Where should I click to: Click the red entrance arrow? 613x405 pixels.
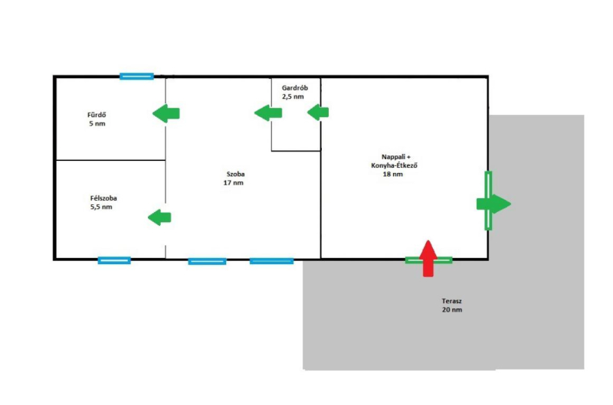pos(428,257)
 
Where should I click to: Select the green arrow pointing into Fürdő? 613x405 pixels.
pos(166,114)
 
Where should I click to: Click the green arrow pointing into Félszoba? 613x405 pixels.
pos(159,217)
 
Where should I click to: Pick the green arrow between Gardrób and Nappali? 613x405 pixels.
pos(318,113)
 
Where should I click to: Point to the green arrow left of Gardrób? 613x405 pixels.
pos(267,113)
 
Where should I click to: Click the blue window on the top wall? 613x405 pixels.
pos(137,77)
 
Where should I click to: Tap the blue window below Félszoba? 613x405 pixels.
pos(114,260)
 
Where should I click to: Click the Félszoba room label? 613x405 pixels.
pos(103,198)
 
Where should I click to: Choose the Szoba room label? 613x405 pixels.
pos(234,174)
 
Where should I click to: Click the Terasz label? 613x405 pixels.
pos(452,301)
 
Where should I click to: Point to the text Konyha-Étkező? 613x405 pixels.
pos(393,165)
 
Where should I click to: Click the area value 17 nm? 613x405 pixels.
pos(234,183)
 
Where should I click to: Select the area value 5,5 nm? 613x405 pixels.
pos(101,207)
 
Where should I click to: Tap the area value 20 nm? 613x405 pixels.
pos(452,310)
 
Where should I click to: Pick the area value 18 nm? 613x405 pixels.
pos(392,175)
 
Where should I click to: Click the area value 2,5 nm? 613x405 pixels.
pos(293,97)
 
